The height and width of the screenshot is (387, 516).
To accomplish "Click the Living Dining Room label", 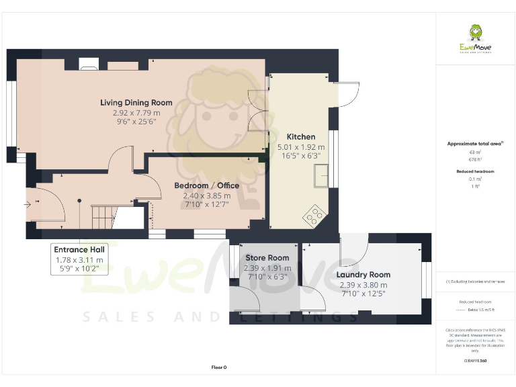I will [136, 103].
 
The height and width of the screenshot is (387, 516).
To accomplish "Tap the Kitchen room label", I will [301, 136].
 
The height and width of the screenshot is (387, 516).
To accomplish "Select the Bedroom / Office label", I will [202, 185].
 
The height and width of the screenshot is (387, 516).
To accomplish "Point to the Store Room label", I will [267, 257].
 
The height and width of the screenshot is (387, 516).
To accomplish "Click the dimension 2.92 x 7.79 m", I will [136, 114].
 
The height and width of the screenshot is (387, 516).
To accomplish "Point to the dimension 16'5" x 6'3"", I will [301, 156].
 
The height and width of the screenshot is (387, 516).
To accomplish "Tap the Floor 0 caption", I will [219, 368].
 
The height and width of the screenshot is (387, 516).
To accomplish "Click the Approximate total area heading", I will [474, 144].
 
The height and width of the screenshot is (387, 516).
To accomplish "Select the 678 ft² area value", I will [474, 159].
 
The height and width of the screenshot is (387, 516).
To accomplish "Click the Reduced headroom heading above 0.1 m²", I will [474, 171].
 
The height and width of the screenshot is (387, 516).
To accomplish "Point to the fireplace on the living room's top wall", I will [89, 64].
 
